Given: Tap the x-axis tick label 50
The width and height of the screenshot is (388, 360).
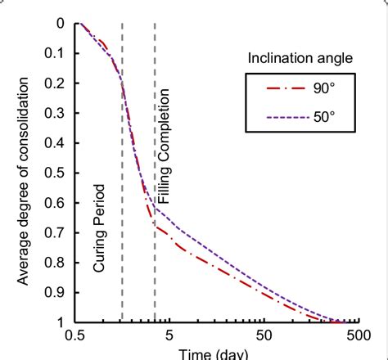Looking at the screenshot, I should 264,335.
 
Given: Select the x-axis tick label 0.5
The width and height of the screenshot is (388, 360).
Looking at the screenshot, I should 75,335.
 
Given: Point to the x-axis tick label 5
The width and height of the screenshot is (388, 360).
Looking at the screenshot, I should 169,335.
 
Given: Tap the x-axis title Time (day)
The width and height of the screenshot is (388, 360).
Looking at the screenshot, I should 217,353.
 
